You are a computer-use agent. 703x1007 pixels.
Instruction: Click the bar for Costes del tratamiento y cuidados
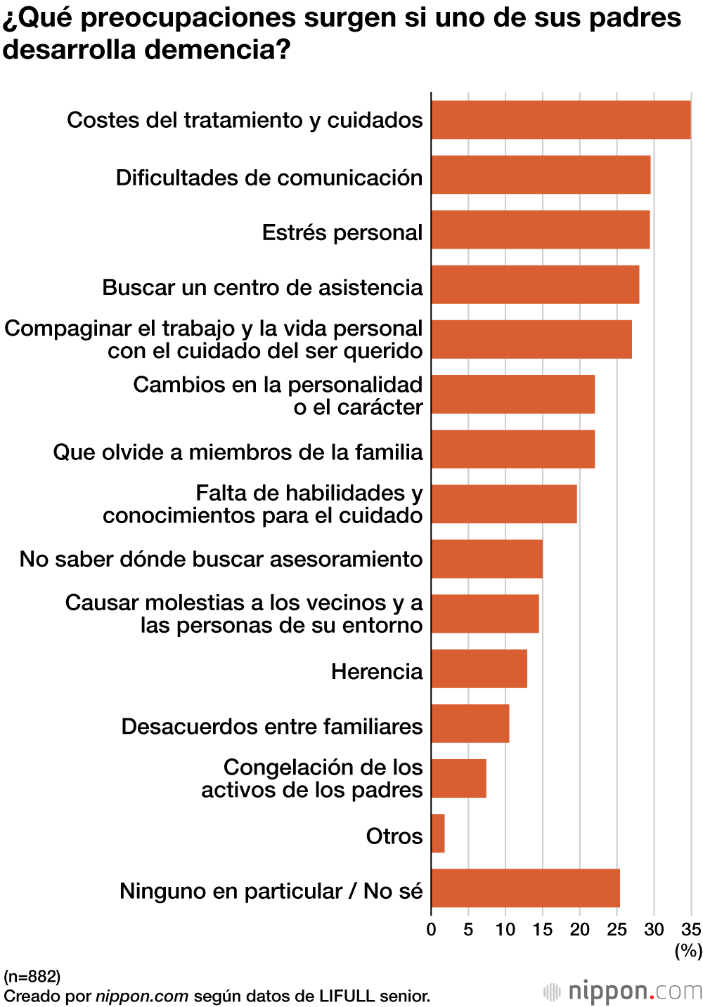point(561,120)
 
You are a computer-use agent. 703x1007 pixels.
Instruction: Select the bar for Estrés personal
point(541,230)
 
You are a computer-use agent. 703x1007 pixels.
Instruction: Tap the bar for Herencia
point(479,669)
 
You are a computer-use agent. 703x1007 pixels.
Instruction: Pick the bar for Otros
point(438,834)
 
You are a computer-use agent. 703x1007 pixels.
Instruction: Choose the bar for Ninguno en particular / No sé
point(526,888)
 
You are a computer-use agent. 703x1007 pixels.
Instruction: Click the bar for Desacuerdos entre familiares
point(470,723)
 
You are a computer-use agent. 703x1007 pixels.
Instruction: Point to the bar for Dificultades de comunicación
point(541,175)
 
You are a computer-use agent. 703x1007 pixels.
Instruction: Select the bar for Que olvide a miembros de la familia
point(513,449)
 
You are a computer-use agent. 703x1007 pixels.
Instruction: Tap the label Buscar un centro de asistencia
point(262,287)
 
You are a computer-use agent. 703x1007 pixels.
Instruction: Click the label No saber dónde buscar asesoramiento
point(221,559)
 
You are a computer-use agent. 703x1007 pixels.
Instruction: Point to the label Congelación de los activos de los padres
point(312,778)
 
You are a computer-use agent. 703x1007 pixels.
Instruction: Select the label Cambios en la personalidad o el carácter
point(278,395)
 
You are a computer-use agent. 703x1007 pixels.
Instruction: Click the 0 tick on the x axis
point(431,930)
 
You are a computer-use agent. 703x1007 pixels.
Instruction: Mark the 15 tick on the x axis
point(542,930)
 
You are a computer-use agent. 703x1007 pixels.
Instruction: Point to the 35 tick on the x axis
point(691,930)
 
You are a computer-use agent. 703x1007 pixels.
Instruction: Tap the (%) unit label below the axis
point(688,950)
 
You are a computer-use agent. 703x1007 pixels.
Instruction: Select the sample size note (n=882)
point(32,976)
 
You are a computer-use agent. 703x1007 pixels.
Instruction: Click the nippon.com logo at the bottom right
point(623,991)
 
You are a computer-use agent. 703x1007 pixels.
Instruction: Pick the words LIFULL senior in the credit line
point(375,996)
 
